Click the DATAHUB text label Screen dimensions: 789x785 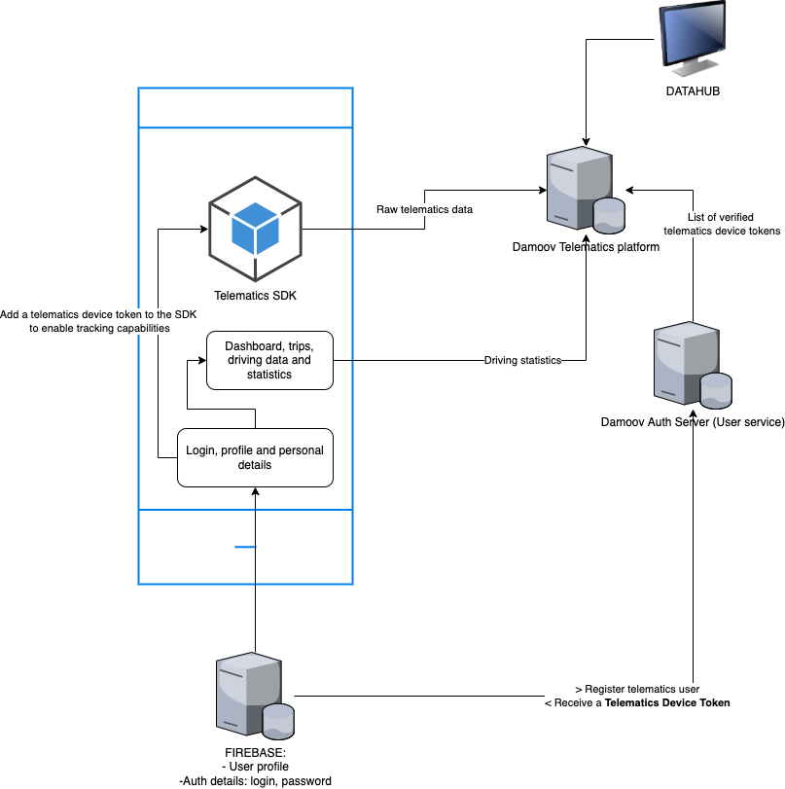pos(693,91)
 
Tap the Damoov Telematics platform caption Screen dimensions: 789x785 pos(586,247)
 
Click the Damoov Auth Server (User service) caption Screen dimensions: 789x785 pos(693,421)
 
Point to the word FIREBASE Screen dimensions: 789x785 pos(255,752)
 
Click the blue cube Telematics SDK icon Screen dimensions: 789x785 pos(255,230)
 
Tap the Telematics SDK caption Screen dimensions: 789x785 pos(255,295)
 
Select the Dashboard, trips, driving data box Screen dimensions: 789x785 pos(269,360)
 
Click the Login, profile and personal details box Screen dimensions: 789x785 pos(255,457)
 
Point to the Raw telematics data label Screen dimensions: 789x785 pos(424,209)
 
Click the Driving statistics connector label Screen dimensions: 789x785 pos(523,361)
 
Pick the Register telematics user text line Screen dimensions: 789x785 pos(638,689)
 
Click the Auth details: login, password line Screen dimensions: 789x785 pos(255,780)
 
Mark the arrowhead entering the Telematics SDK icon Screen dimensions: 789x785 pos(203,230)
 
